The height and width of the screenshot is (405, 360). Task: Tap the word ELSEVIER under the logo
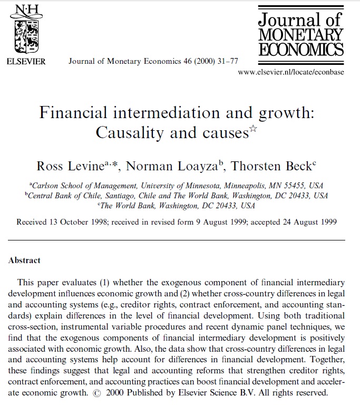pos(26,62)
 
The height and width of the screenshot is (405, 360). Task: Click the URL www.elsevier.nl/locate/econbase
pos(291,72)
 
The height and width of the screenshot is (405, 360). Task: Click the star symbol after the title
pos(252,128)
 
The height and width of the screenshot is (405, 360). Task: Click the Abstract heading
pos(25,260)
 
